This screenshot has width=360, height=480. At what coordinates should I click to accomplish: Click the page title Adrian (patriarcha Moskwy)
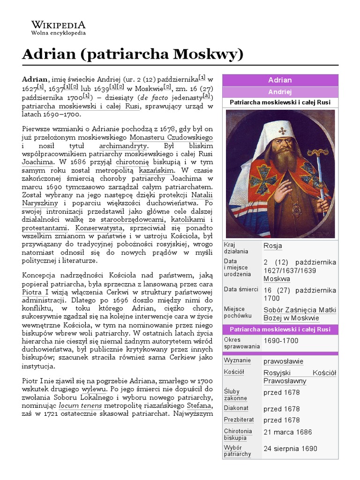(133, 54)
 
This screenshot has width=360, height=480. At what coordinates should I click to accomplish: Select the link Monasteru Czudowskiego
(171, 138)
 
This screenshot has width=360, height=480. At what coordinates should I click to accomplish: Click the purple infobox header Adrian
(280, 80)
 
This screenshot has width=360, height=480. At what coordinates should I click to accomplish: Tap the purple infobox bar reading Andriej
(280, 92)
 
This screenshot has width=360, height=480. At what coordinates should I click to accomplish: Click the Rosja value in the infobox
(273, 246)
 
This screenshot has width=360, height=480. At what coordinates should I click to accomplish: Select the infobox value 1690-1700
(281, 341)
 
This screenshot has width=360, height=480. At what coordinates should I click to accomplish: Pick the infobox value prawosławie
(283, 361)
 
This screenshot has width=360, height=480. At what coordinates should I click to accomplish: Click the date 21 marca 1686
(287, 432)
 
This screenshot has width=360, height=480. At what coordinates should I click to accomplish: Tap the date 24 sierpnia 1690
(290, 449)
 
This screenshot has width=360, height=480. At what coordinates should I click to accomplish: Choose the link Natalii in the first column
(201, 195)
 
